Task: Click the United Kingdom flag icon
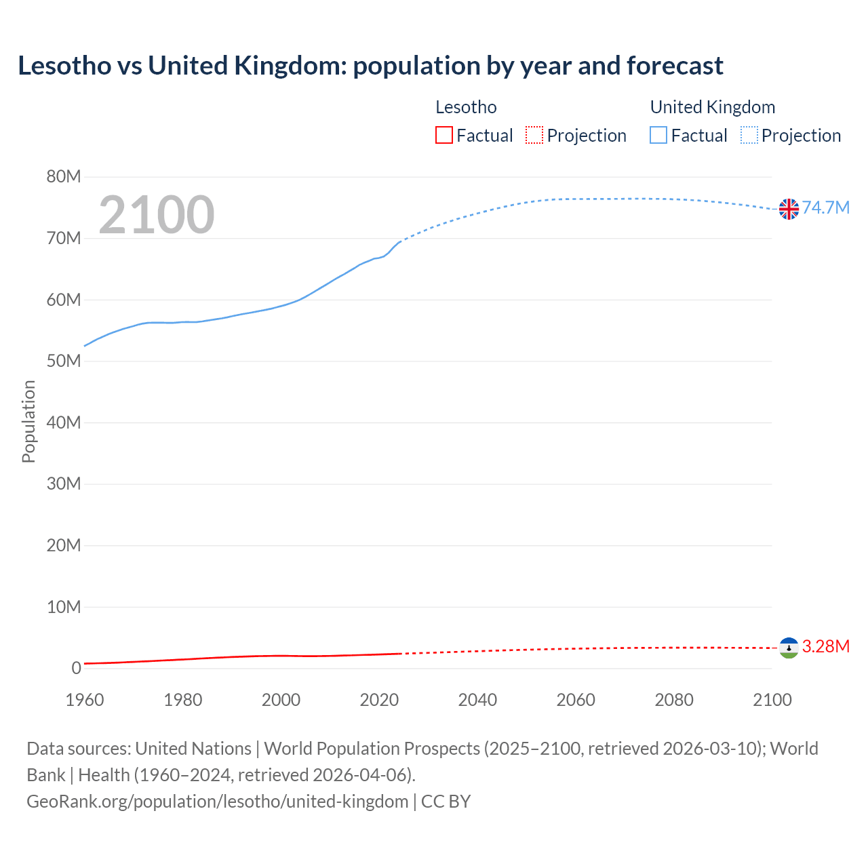pyautogui.click(x=789, y=209)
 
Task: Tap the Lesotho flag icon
pyautogui.click(x=789, y=648)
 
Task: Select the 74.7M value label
pyautogui.click(x=825, y=208)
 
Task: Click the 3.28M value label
pyautogui.click(x=825, y=646)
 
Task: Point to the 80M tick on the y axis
pyautogui.click(x=64, y=177)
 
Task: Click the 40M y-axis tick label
pyautogui.click(x=64, y=422)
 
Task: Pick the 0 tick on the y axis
pyautogui.click(x=76, y=668)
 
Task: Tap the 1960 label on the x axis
pyautogui.click(x=85, y=700)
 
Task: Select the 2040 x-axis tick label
pyautogui.click(x=477, y=700)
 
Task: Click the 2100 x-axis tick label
pyautogui.click(x=772, y=700)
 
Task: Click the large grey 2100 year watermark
pyautogui.click(x=157, y=215)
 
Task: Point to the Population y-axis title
pyautogui.click(x=28, y=421)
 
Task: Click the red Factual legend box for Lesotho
pyautogui.click(x=444, y=136)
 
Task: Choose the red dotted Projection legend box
pyautogui.click(x=534, y=136)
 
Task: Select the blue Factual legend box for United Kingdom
pyautogui.click(x=658, y=136)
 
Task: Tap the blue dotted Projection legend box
pyautogui.click(x=749, y=136)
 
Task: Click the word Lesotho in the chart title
pyautogui.click(x=64, y=66)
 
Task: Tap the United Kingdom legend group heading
pyautogui.click(x=712, y=107)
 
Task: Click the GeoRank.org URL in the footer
pyautogui.click(x=217, y=802)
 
